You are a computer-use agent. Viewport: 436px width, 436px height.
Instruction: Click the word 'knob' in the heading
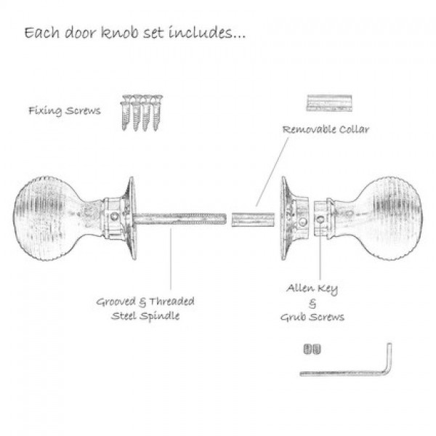coord(120,32)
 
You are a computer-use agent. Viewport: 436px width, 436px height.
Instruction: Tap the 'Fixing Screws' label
coord(65,110)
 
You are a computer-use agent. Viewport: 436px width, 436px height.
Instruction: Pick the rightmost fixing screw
coord(157,113)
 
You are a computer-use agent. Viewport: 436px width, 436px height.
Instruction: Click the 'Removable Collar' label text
coord(326,129)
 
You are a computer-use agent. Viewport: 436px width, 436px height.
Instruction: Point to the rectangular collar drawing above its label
coord(329,103)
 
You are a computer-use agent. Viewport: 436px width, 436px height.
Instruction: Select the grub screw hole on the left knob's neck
coord(114,217)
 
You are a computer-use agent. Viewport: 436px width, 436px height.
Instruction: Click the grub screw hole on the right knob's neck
coord(320,219)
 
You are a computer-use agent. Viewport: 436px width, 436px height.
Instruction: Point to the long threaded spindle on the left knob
coord(179,219)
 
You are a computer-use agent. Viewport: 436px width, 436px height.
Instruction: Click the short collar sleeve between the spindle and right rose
coord(253,219)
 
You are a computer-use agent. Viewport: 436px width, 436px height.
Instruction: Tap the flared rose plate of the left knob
coord(132,218)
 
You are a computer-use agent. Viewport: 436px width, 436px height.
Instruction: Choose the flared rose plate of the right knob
coord(286,218)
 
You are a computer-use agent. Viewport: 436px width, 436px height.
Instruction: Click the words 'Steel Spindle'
coord(145,316)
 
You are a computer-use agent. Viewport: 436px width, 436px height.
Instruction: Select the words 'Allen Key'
coord(312,288)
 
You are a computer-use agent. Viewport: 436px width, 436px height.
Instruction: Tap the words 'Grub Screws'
coord(312,318)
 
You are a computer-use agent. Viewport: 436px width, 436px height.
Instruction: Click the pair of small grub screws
coord(312,350)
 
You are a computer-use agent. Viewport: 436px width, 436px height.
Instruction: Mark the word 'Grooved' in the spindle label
coord(116,302)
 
